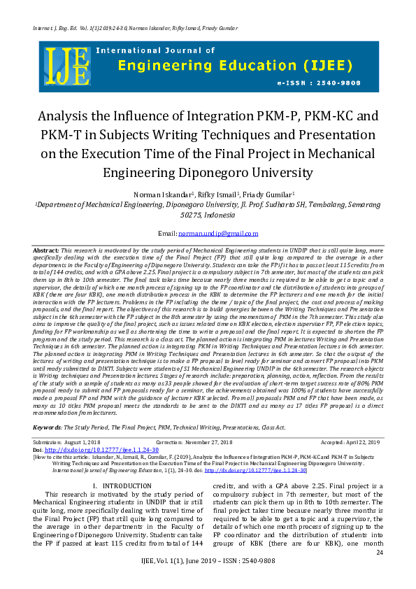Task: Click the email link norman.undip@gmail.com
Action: (218, 234)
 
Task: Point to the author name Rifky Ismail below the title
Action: (215, 194)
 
